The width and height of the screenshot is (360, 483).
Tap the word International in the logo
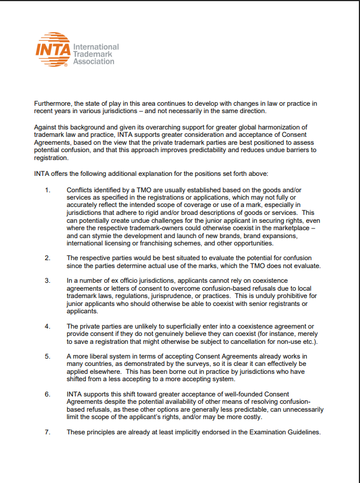coord(96,47)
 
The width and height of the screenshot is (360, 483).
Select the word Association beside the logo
coord(94,61)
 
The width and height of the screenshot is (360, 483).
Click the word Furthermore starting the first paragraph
coord(53,103)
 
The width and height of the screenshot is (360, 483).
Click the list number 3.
coord(47,281)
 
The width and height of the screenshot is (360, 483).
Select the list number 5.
coord(47,356)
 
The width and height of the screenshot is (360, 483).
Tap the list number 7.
coord(47,432)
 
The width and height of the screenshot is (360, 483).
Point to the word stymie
coord(109,235)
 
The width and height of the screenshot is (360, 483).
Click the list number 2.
coord(47,257)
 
